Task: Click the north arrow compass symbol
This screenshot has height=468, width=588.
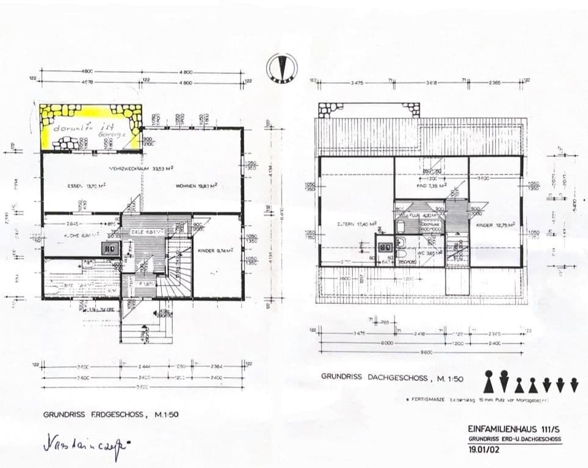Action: coord(281,67)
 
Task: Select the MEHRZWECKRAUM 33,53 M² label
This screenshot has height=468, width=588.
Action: coord(132,168)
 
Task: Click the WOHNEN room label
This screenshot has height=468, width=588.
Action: coord(197,185)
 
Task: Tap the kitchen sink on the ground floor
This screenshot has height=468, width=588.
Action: coord(111,248)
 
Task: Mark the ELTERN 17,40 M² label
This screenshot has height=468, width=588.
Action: coord(356,224)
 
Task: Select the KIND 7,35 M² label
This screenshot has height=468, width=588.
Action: coord(432,184)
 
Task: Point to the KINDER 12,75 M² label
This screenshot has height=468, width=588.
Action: coord(495,224)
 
